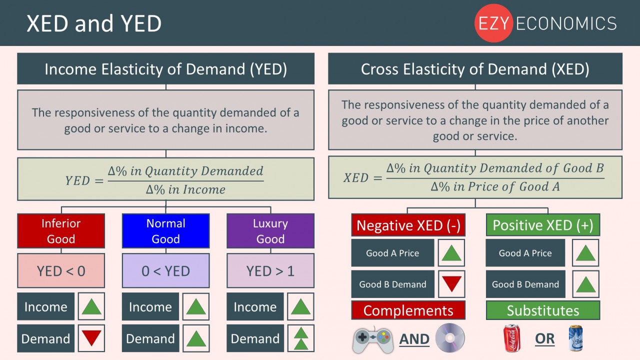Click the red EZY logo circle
coord(493,23)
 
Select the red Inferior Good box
coord(61,231)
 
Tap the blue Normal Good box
coord(165,231)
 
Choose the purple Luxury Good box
coord(270,231)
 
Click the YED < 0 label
coord(61,271)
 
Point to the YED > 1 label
coord(270,271)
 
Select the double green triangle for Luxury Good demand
coord(300,338)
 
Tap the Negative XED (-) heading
coord(408,225)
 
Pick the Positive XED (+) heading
coord(542,225)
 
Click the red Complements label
coord(408,310)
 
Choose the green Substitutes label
coord(542,310)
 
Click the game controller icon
coord(373,339)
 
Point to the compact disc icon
coord(449,338)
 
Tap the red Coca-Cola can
coord(511,338)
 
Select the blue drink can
coord(576,338)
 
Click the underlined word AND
coord(414,339)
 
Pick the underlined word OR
coord(544,339)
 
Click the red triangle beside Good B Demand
coord(451,284)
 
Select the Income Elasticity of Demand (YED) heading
coord(165,69)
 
